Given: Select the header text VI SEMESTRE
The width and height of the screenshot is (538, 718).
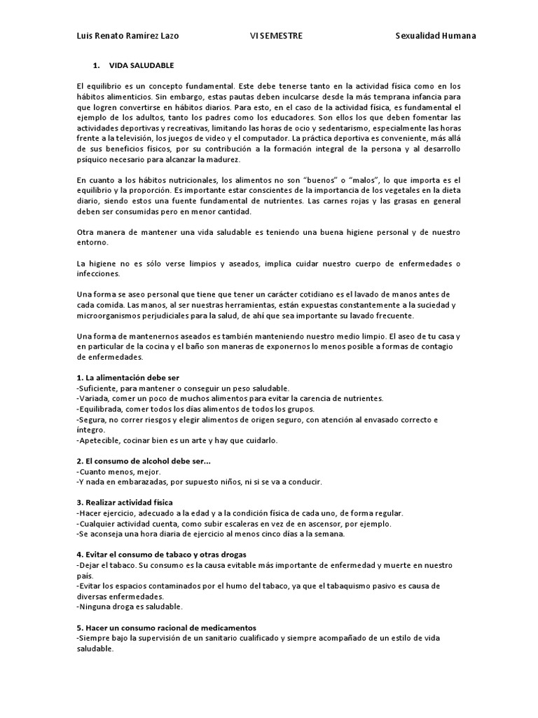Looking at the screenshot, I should (276, 36).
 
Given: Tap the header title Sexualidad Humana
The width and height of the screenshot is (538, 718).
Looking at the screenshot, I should (435, 36).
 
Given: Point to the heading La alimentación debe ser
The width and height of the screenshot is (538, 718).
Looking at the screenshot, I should (128, 377).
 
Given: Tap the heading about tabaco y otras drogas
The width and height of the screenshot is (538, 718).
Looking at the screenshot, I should (161, 554).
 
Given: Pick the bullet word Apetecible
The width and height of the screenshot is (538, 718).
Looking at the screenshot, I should (99, 440).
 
